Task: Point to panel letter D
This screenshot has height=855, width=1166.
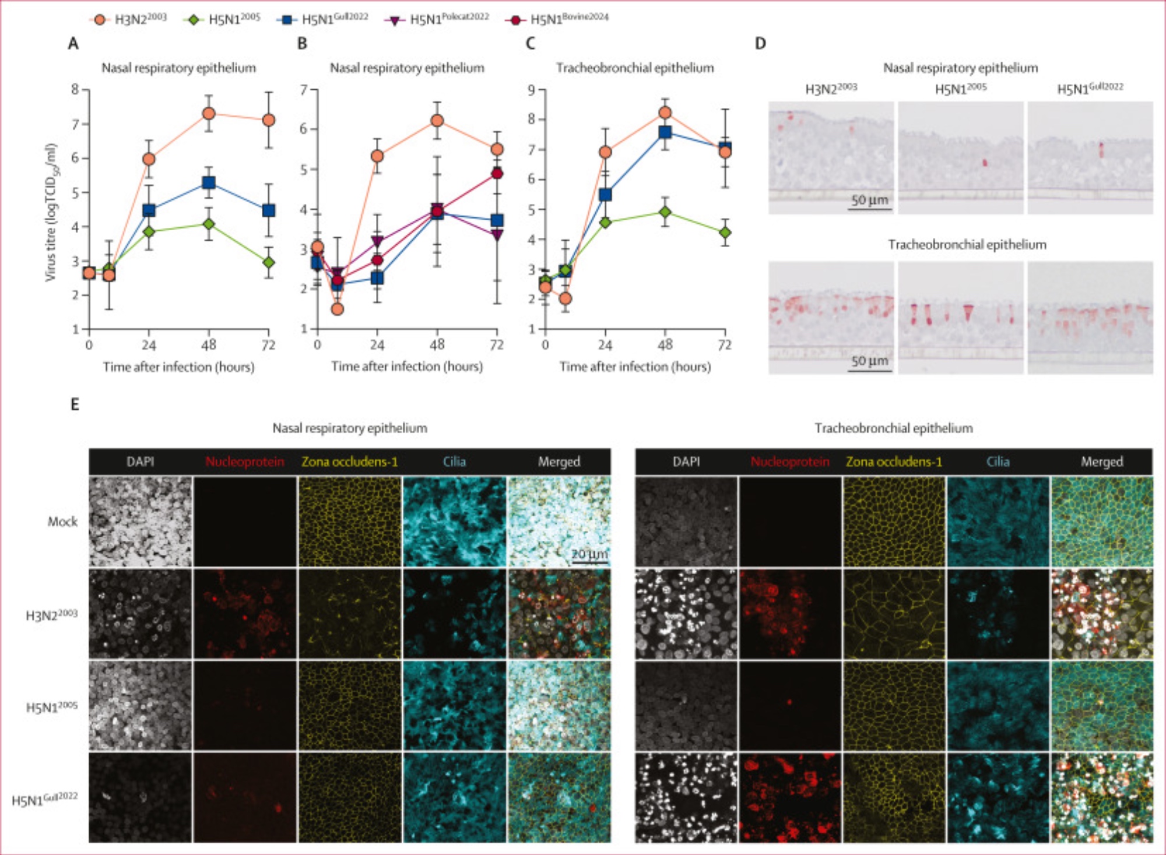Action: point(760,44)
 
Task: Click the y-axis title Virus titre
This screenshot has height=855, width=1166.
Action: point(51,213)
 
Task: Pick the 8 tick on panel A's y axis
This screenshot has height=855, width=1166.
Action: point(75,89)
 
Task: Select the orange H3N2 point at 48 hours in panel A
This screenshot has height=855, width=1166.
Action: point(209,113)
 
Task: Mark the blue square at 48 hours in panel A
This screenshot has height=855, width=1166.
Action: point(209,183)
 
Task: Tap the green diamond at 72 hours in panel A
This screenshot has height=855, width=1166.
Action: point(268,262)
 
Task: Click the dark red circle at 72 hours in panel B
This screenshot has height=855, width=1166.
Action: point(497,173)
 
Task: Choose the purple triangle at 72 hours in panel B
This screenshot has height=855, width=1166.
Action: point(497,235)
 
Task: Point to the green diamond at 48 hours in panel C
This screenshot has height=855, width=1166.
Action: point(665,212)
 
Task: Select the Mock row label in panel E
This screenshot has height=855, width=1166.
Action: point(62,522)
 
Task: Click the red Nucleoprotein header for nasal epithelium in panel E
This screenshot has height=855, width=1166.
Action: point(245,462)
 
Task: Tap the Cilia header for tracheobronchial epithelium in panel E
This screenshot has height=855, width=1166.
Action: point(998,462)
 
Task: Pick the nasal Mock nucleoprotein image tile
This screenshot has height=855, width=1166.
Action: point(245,522)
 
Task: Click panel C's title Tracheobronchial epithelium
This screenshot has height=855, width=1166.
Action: point(635,68)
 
